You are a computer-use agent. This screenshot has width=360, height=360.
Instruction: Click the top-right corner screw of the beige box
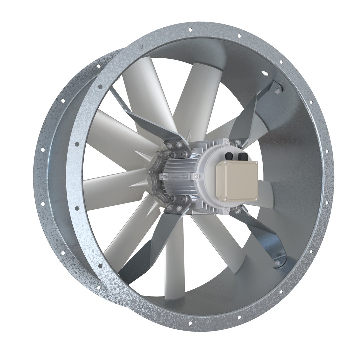(256, 163)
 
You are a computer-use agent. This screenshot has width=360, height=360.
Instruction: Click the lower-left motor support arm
(140, 247)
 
